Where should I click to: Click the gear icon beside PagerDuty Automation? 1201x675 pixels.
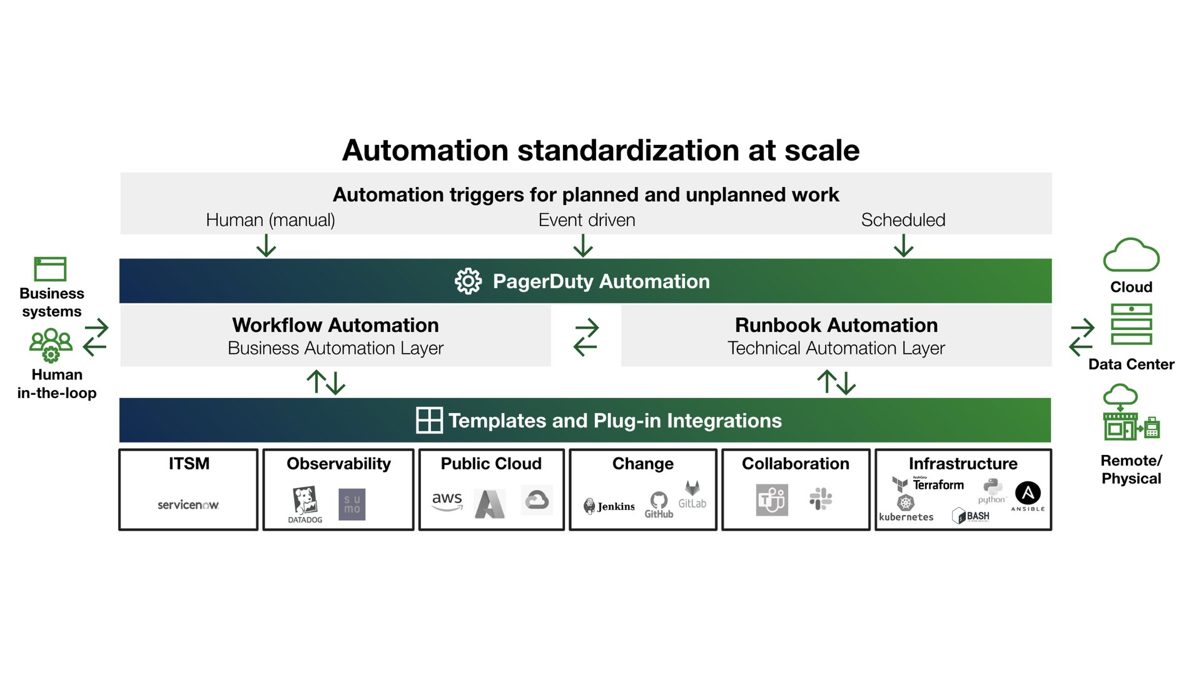coord(468,281)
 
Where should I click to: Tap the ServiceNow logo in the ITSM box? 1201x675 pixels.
coord(188,504)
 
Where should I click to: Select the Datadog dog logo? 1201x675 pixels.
coord(305,502)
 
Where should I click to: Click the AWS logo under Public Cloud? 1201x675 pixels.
coord(447,501)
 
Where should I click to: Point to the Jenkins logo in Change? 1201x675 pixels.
coord(609,506)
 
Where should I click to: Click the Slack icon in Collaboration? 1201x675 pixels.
coord(820,499)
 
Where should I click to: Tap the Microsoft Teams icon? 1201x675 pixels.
coord(772,499)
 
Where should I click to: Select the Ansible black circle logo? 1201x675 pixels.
coord(1027,493)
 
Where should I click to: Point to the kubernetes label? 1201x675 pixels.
coord(906,517)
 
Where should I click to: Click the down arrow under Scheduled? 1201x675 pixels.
coord(903,246)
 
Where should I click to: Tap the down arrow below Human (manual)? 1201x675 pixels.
coord(266,246)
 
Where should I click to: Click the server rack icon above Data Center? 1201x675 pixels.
coord(1131,324)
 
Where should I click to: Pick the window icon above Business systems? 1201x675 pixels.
coord(50,269)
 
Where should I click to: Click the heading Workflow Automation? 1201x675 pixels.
coord(335,325)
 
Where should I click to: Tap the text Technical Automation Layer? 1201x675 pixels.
coord(836,348)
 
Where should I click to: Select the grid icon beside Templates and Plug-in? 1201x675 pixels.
coord(429,420)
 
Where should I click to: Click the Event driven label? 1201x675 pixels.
coord(586,220)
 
